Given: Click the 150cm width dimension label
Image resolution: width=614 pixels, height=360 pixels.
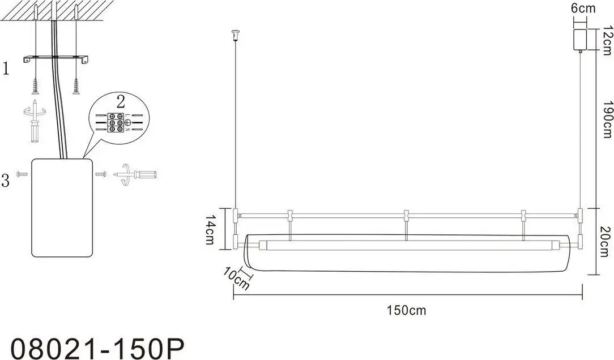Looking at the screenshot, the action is point(406,310).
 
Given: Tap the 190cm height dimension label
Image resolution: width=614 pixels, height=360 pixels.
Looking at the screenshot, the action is point(607,119).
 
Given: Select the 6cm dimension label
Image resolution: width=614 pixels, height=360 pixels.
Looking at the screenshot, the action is point(583,8).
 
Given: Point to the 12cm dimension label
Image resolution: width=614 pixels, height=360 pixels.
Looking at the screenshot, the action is point(607,41).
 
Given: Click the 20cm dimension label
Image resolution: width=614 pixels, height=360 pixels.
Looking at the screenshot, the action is point(606,242).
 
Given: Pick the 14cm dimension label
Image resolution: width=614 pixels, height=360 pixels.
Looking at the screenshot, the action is point(210,230).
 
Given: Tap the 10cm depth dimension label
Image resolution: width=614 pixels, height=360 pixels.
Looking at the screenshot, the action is point(236,278).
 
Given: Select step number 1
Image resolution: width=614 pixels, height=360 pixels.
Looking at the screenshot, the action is point(6,69).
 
